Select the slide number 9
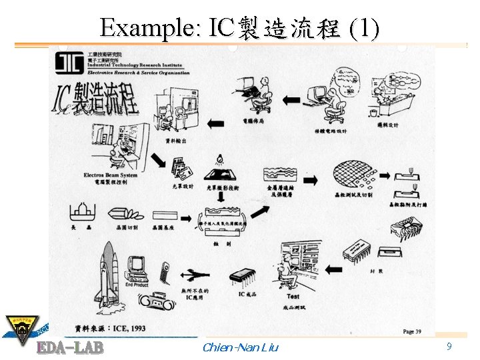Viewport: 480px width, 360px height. (x=449, y=347)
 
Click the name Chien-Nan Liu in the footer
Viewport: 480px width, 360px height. (x=239, y=347)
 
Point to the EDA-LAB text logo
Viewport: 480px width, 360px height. (x=69, y=347)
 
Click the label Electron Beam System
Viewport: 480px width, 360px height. (x=111, y=175)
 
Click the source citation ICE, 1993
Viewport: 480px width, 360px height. (x=111, y=328)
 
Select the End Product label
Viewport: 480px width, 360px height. (x=137, y=285)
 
